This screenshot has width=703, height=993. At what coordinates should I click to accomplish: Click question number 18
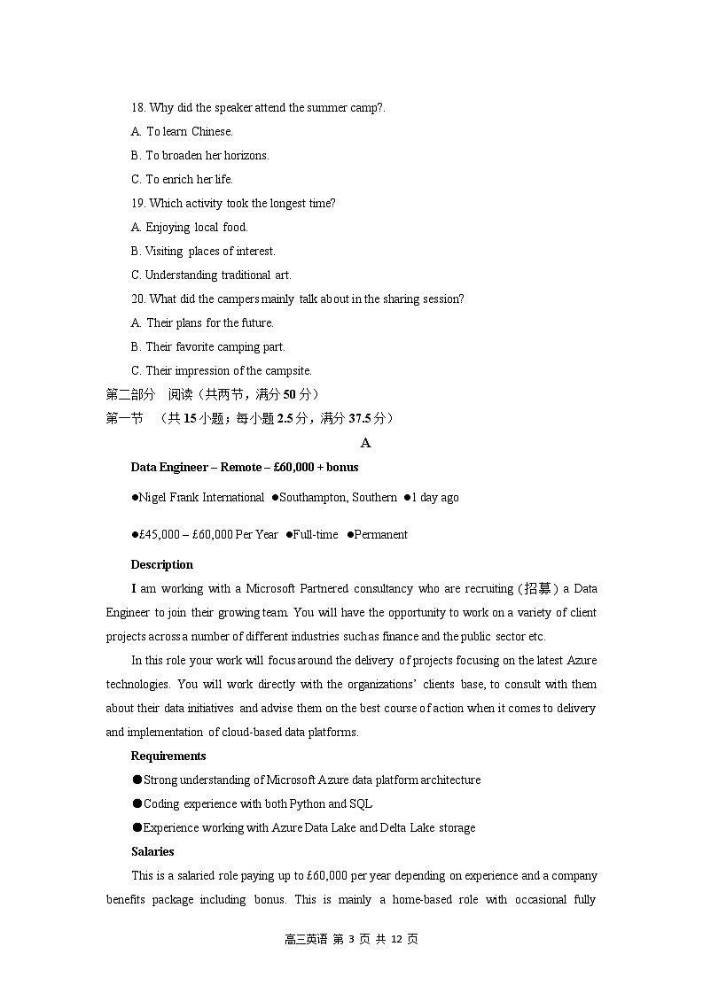coord(138,108)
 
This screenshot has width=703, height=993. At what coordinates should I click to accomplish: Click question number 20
coord(138,299)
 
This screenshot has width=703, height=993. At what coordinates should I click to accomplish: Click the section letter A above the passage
coord(366,444)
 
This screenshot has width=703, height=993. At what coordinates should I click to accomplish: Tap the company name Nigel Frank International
coord(202,498)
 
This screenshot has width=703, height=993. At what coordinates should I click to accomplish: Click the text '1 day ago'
coord(434,498)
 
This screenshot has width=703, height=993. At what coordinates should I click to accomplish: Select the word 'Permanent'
coord(380,535)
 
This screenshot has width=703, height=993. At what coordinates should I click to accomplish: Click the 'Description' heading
coord(161,565)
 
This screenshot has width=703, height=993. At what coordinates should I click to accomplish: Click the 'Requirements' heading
coord(168,756)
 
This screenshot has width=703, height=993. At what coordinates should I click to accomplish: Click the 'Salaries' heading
coord(152,852)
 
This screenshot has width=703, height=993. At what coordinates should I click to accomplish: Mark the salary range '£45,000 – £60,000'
coord(182,535)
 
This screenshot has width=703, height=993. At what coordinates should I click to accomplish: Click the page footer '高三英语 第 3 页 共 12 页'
coord(351,939)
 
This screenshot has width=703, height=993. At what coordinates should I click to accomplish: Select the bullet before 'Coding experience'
coord(137,804)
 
